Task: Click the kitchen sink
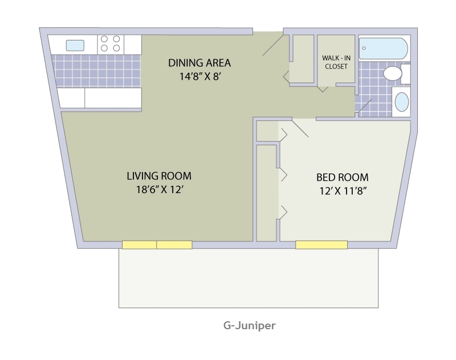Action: [x=75, y=45]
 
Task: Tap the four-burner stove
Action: [x=111, y=44]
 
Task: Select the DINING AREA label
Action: [x=199, y=63]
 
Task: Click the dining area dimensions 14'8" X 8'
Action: [x=199, y=76]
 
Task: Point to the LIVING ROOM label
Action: [x=159, y=175]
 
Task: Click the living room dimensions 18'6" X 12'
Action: [x=159, y=190]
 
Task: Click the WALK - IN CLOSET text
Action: [x=336, y=62]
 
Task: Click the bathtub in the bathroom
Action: [x=383, y=48]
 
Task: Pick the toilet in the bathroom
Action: [x=394, y=73]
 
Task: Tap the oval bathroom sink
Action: [x=402, y=102]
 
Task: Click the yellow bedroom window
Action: [x=321, y=245]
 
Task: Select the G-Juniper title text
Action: [x=249, y=326]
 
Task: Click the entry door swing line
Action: [x=272, y=44]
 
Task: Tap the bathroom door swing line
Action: [x=364, y=107]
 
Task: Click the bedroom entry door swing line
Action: [x=300, y=128]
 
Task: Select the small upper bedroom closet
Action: [x=267, y=132]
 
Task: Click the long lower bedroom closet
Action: [x=266, y=193]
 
